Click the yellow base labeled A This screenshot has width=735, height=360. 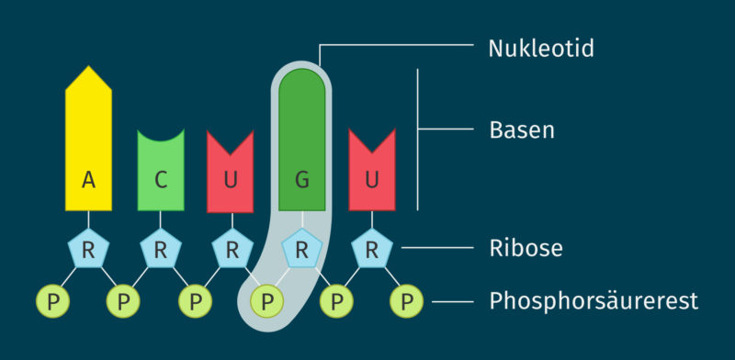[88, 147]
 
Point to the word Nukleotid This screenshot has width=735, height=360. [540, 48]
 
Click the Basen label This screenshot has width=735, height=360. [521, 129]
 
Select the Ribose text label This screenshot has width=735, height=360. [526, 248]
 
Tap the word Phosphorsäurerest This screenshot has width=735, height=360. [594, 300]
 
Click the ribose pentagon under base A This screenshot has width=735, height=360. [88, 250]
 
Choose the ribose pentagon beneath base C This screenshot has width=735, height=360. [161, 250]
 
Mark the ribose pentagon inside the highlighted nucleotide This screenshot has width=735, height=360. [301, 250]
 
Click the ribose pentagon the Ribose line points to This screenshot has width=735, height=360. [372, 250]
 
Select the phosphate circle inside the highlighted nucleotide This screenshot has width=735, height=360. [266, 300]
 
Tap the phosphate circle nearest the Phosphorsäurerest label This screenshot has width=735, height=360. [407, 300]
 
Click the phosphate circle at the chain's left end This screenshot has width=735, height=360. [52, 300]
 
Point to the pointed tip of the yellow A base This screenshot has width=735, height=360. [88, 69]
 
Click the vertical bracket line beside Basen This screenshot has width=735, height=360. [419, 138]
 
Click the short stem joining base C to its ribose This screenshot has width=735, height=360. [161, 220]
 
